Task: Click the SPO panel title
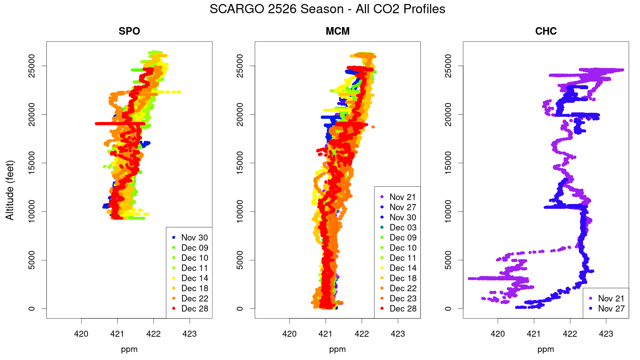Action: [129, 31]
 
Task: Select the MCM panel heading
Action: [338, 31]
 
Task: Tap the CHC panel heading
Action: [546, 31]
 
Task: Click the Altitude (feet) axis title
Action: [10, 190]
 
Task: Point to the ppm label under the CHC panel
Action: [546, 349]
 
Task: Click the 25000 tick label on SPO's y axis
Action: [32, 66]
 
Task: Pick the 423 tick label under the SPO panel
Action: [190, 334]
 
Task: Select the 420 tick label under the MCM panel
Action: [290, 334]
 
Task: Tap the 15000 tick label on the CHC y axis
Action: [448, 163]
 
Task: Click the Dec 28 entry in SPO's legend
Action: [194, 308]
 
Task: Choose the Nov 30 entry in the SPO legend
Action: [194, 238]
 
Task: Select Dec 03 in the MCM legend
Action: [403, 228]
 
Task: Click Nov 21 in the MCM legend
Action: [403, 197]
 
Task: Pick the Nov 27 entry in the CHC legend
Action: [611, 308]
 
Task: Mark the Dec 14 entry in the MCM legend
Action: [403, 268]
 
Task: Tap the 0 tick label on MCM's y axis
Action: [240, 308]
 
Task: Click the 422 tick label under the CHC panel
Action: [570, 334]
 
